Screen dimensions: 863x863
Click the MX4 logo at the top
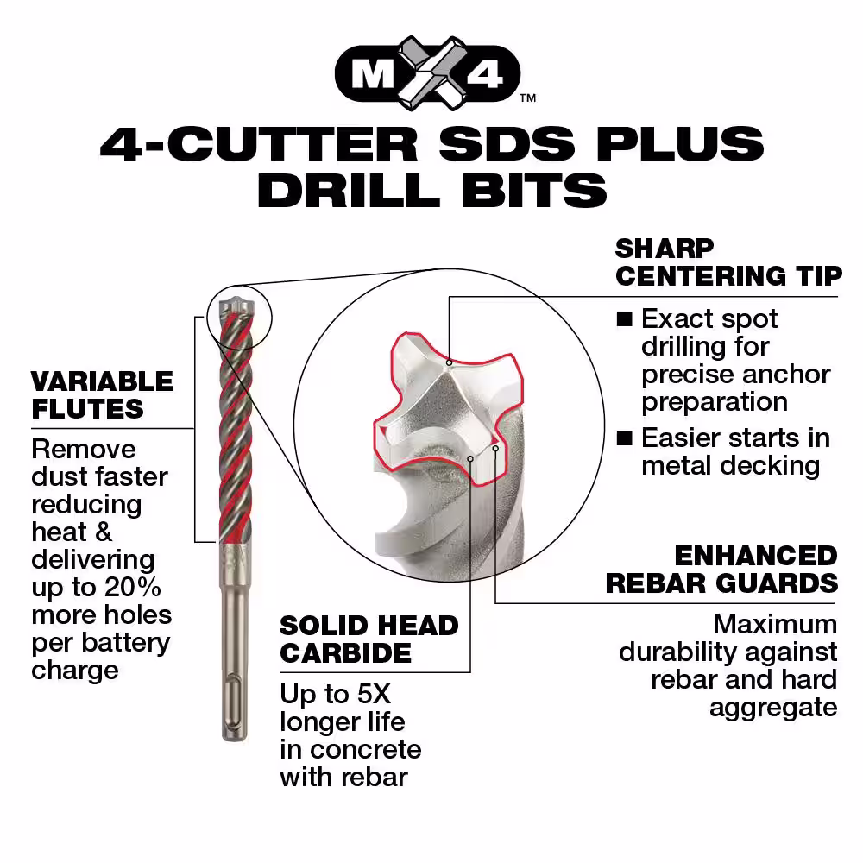pos(428,73)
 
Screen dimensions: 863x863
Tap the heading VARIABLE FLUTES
pos(103,395)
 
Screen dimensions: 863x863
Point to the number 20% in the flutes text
pos(133,587)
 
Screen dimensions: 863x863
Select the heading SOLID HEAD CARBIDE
pos(369,639)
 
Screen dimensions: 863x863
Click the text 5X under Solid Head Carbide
pos(374,694)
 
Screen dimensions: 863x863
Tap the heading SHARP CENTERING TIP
pos(728,262)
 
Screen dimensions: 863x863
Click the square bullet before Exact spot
pos(624,318)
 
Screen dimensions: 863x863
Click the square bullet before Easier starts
pos(624,438)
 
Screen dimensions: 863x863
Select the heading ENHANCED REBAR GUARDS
pos(722,570)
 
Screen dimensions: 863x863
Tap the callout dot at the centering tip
pos(449,362)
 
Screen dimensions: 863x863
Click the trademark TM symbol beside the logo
pos(528,98)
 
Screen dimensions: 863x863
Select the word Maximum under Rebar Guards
pos(775,625)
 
